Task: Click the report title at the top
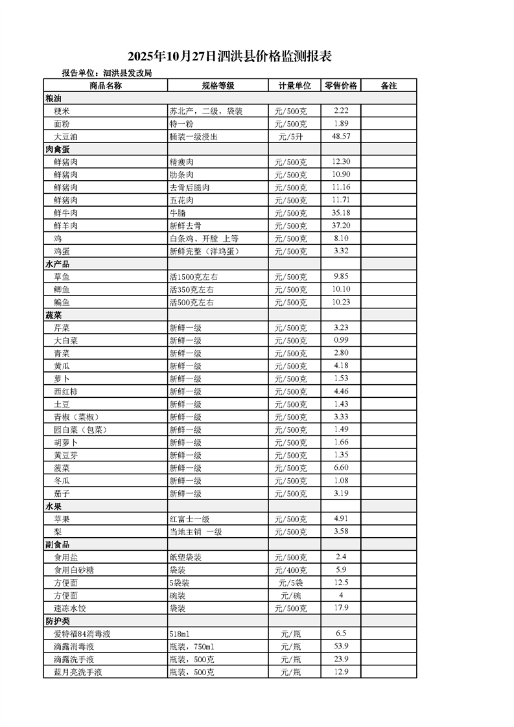(x=229, y=56)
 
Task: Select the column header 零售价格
(x=341, y=86)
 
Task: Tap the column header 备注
(x=388, y=86)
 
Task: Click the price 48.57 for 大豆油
(x=341, y=137)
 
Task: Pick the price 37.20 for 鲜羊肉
(x=341, y=225)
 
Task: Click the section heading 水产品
(x=58, y=264)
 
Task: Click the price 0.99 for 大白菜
(x=341, y=340)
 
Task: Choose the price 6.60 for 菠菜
(x=341, y=468)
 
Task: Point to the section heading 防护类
(x=58, y=621)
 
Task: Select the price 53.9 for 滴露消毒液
(x=341, y=647)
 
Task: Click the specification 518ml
(x=178, y=634)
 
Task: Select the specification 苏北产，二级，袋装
(x=205, y=111)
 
